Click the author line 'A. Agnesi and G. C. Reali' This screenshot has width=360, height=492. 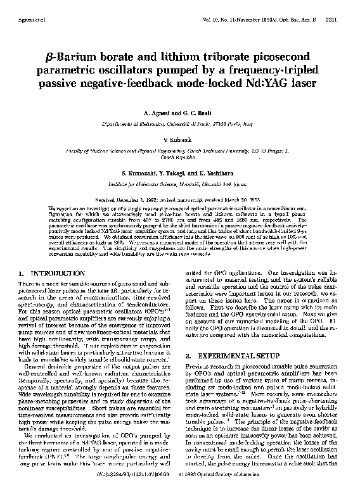click(181, 110)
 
